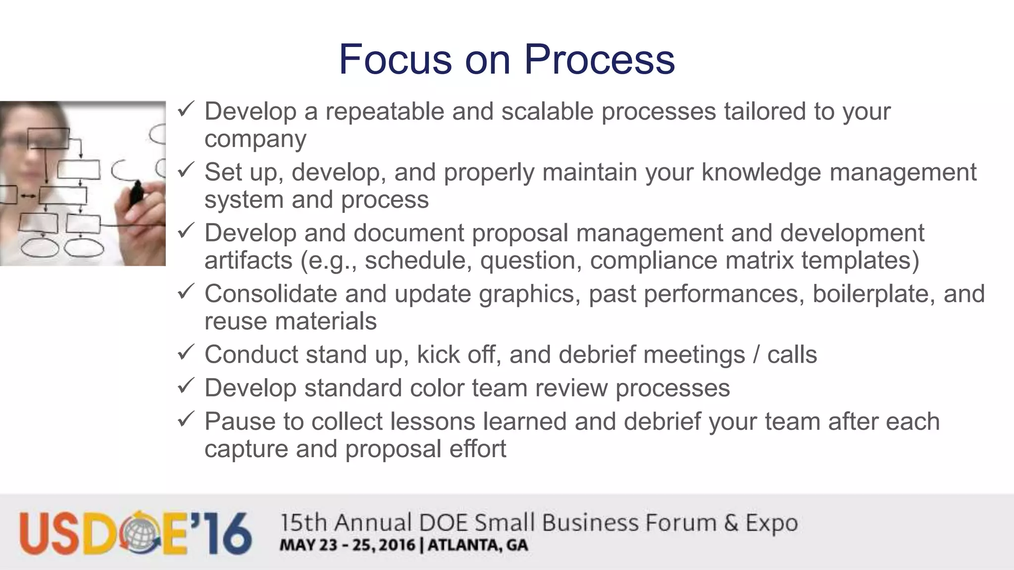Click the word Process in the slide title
[599, 59]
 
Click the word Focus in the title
[395, 59]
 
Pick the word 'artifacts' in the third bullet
[248, 260]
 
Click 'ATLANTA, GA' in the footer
[478, 545]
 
